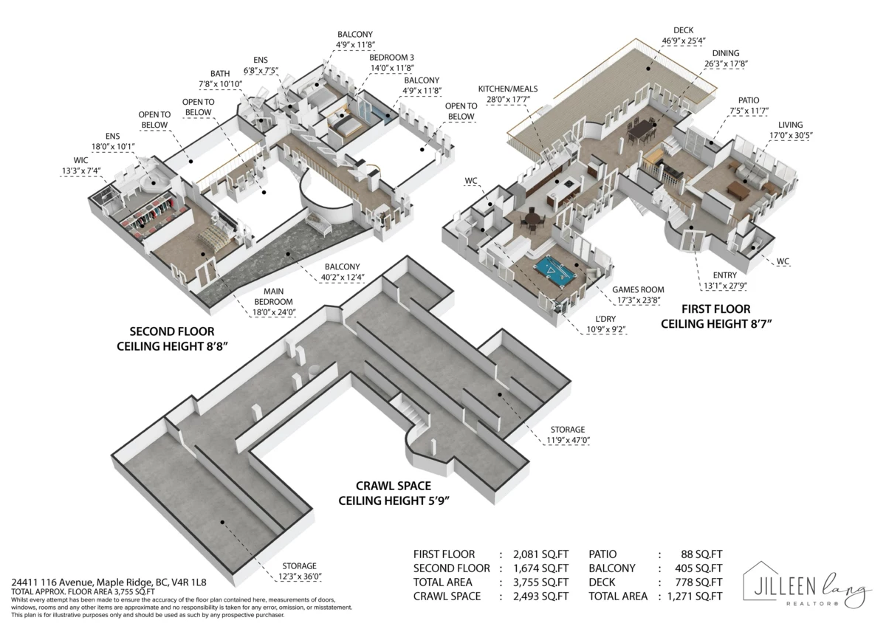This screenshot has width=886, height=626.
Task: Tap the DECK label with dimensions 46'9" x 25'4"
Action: pos(684,35)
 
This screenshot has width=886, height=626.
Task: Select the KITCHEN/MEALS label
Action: pos(508,94)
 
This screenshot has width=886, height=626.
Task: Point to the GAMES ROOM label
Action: pos(638,295)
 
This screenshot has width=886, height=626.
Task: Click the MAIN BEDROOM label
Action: pos(274,302)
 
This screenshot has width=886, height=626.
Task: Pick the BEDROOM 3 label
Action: pos(392,63)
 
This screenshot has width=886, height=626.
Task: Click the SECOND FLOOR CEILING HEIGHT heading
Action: pos(172,339)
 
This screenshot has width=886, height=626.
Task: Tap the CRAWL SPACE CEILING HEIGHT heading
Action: pos(394,493)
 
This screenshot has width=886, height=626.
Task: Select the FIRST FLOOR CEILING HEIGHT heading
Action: pos(716,317)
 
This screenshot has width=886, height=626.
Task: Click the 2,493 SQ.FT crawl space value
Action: pos(540,596)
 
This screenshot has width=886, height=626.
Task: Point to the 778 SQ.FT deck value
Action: pos(698,582)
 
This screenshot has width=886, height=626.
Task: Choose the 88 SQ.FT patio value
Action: pos(701,554)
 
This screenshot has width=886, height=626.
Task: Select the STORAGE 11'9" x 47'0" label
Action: pos(568,435)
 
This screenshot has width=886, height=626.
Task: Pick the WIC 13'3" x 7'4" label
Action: pos(81,165)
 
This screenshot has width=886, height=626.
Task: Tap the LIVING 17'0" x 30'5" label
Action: pos(791,130)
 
